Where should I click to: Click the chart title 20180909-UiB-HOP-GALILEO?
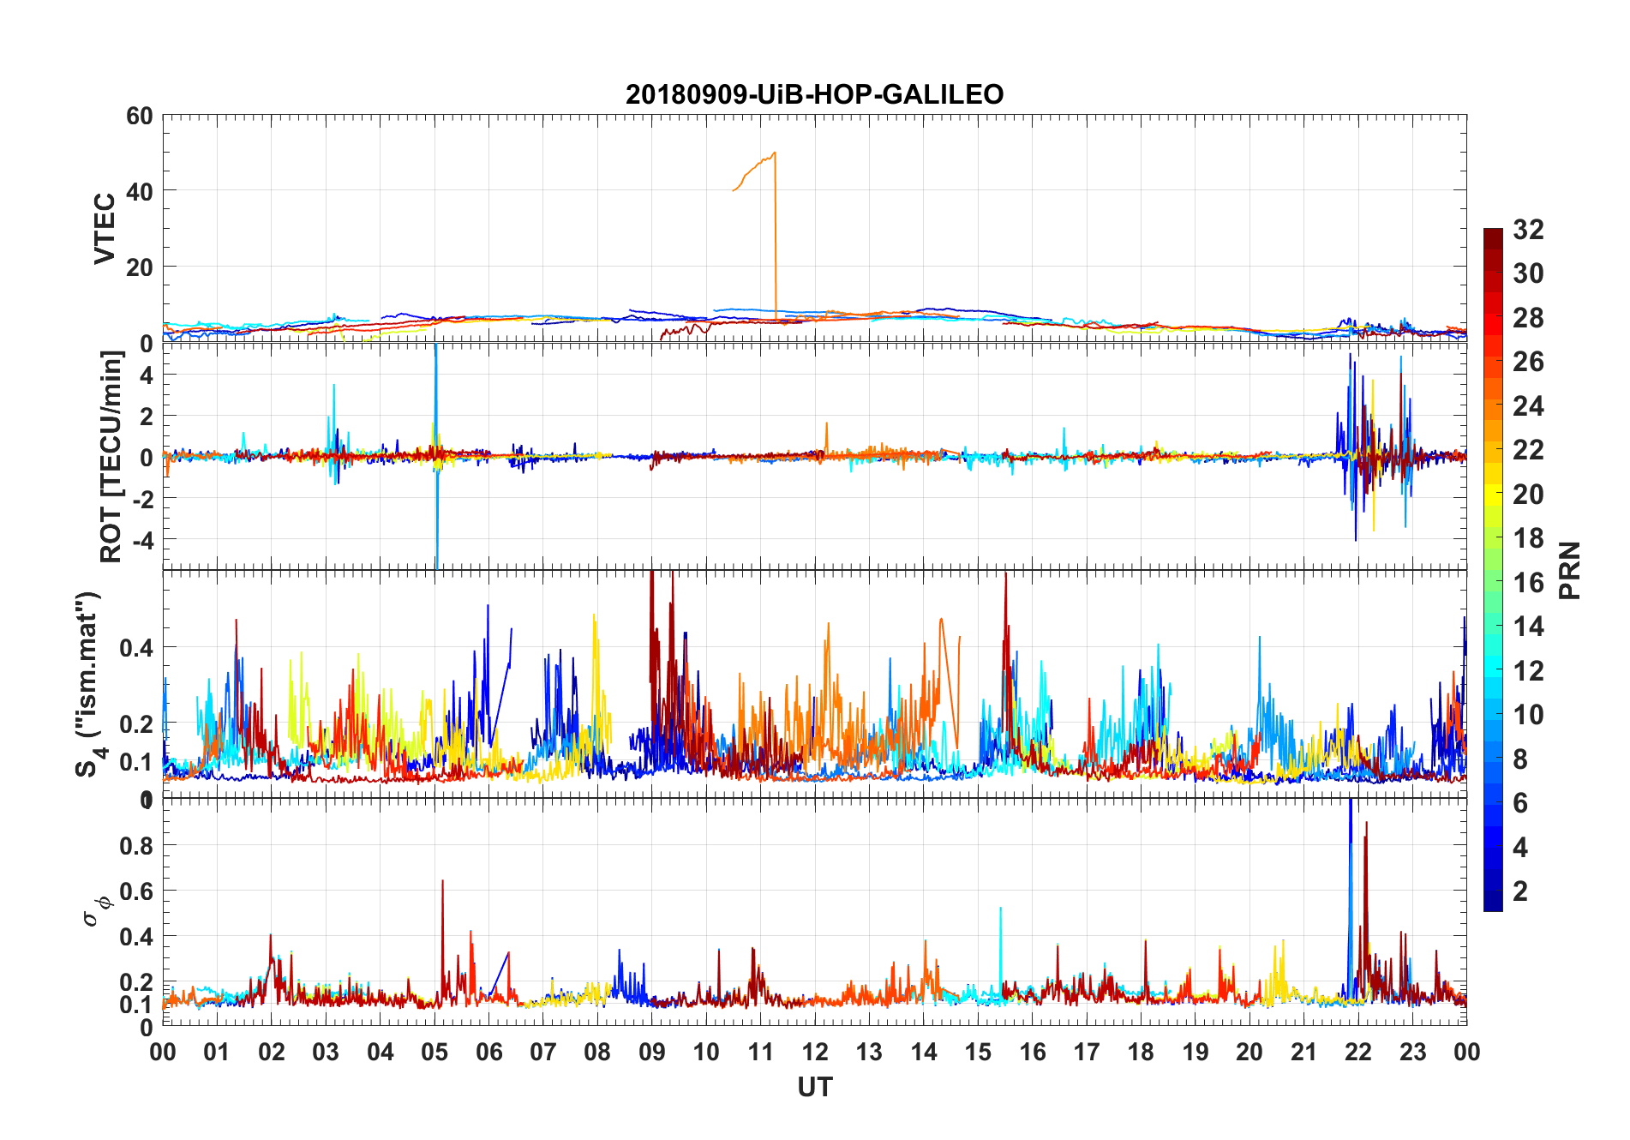click(814, 94)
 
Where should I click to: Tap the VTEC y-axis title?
click(105, 229)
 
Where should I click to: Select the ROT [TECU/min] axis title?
click(111, 456)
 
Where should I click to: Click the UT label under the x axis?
click(814, 1087)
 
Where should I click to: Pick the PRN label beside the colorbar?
click(1569, 570)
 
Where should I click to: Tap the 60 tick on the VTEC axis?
click(140, 116)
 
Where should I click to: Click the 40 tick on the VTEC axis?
click(140, 191)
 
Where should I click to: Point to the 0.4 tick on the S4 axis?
click(136, 647)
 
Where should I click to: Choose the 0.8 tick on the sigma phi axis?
click(136, 845)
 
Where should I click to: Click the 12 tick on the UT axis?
click(815, 1052)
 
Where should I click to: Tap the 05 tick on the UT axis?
click(434, 1052)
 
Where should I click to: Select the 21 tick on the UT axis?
click(1303, 1052)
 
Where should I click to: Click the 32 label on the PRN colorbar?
click(1528, 230)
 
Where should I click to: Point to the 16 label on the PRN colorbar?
click(1528, 583)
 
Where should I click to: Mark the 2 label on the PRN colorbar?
click(1520, 891)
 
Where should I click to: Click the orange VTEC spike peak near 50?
click(775, 153)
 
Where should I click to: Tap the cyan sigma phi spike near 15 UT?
click(1000, 909)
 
